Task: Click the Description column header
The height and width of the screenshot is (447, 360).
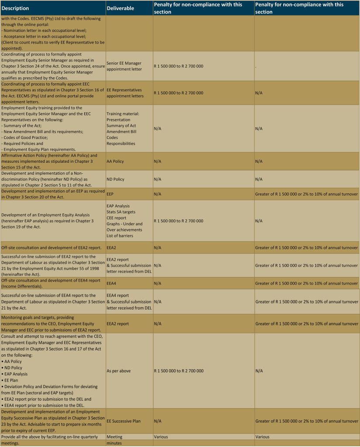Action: pos(16,8)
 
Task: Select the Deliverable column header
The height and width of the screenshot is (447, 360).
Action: pos(120,8)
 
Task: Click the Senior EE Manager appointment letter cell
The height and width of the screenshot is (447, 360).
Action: pos(124,66)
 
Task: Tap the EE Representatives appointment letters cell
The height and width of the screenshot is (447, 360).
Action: pos(125,93)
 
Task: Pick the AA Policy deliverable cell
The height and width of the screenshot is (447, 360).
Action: pos(115,161)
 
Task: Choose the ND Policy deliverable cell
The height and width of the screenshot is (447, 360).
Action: pos(115,179)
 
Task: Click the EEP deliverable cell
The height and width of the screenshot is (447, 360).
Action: pos(111,194)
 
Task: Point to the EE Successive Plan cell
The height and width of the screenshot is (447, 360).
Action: pos(124,421)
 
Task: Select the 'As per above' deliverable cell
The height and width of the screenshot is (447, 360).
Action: pos(119,371)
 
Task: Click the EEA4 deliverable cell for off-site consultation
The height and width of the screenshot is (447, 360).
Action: pos(112,283)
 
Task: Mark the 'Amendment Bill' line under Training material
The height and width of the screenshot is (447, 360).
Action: pos(121,131)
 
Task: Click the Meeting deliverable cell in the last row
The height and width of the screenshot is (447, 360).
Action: pos(114,437)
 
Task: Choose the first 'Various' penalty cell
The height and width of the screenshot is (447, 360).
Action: pos(161,437)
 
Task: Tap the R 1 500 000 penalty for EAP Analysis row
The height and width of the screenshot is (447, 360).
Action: pos(178,221)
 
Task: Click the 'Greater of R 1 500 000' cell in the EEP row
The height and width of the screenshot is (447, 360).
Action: pos(306,194)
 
